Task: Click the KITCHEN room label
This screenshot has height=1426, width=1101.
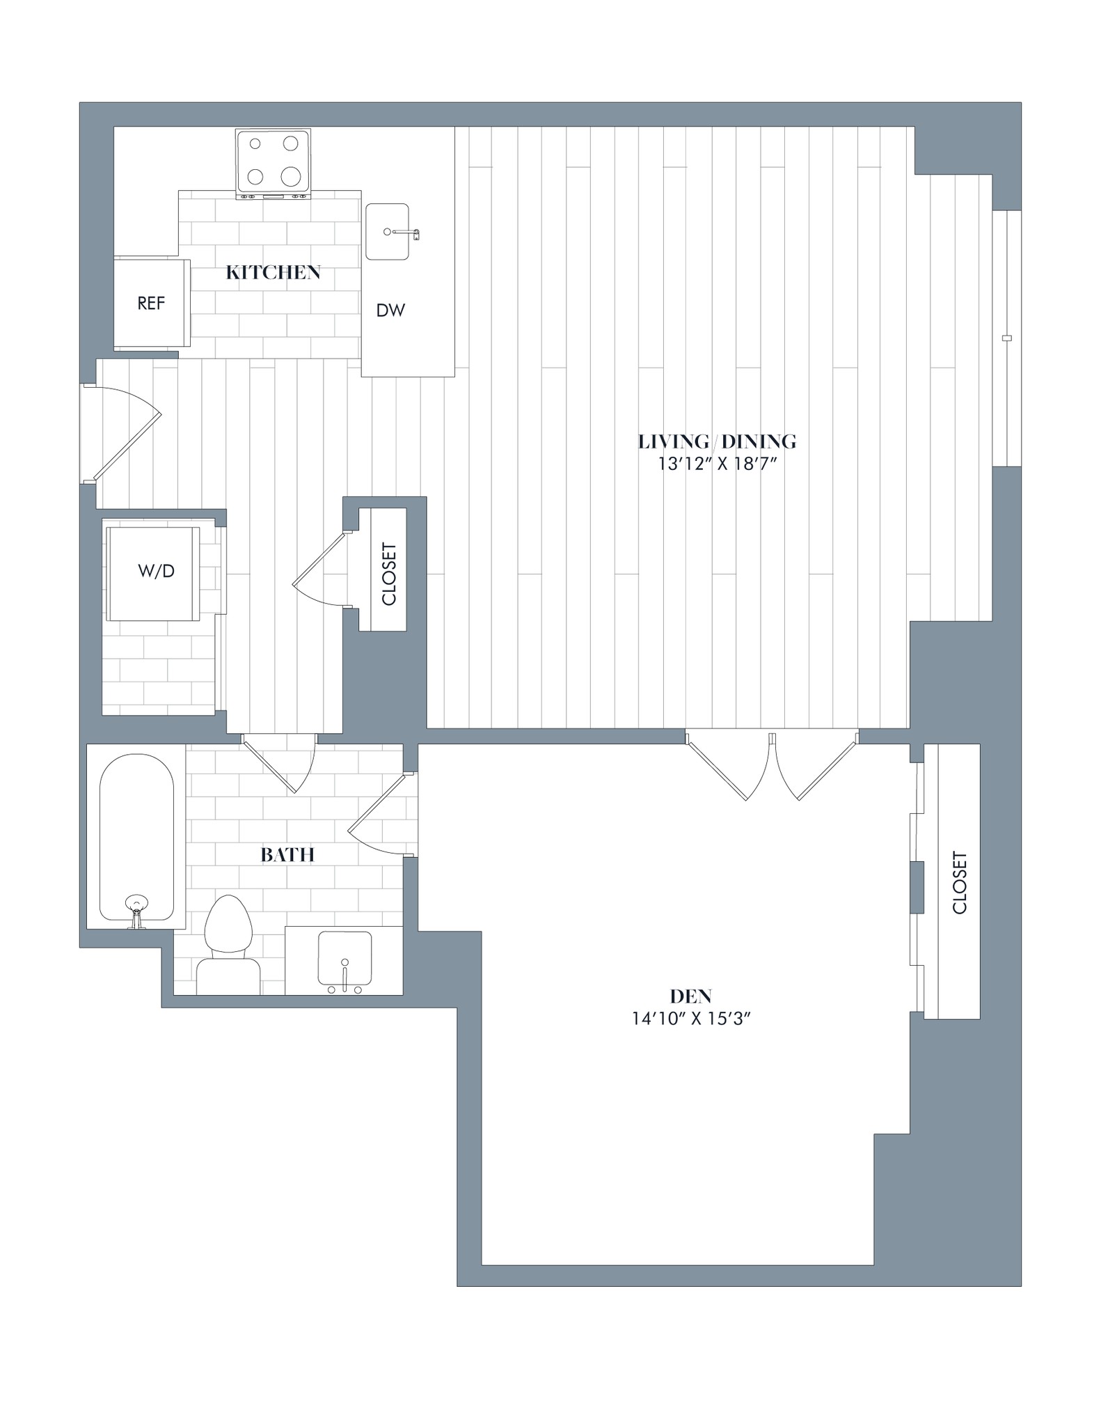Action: coord(273,272)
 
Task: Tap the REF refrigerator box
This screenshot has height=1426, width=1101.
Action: coord(151,303)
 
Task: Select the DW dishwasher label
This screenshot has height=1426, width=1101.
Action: coord(390,311)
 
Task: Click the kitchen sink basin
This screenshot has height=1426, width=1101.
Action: coord(387,231)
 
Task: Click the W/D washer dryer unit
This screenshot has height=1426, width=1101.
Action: coord(156,572)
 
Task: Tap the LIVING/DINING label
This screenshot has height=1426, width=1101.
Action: coord(717,441)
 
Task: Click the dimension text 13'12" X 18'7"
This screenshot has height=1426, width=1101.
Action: coord(717,464)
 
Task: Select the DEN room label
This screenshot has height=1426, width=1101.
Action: coord(690,996)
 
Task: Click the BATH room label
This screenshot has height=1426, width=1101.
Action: coord(287,854)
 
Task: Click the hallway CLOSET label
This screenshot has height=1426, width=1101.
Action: coord(388,574)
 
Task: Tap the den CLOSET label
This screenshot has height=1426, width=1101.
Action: coord(959,883)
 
